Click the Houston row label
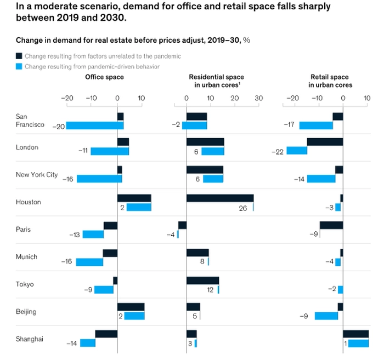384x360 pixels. tap(28, 202)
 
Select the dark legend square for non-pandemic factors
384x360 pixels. tap(19, 56)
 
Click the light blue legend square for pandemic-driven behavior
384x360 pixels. tap(19, 66)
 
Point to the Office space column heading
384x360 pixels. tap(104, 77)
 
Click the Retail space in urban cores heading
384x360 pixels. tap(330, 81)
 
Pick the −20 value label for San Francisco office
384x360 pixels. tap(58, 125)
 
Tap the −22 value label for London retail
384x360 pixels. tap(279, 151)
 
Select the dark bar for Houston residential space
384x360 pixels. tap(219, 198)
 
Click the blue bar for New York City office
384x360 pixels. tap(99, 179)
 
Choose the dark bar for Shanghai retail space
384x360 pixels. tap(355, 334)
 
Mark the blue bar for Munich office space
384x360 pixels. tap(89, 262)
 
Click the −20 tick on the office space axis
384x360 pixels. tap(67, 99)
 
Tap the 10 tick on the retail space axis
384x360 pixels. tap(367, 99)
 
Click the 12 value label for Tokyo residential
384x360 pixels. tap(210, 289)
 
